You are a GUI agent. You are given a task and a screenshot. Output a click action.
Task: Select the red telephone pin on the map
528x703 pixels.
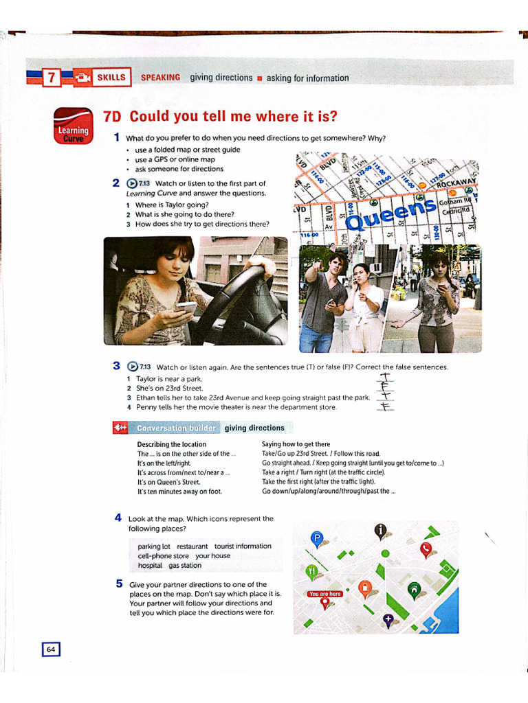pyautogui.click(x=426, y=549)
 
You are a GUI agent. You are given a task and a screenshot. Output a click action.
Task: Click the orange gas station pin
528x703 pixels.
pyautogui.click(x=365, y=587)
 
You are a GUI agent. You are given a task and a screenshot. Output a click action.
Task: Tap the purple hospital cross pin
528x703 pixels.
pyautogui.click(x=388, y=621)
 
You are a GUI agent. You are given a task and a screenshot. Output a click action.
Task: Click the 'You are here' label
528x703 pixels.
pyautogui.click(x=325, y=594)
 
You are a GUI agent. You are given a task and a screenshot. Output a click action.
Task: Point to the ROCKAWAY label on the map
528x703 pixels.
pyautogui.click(x=453, y=183)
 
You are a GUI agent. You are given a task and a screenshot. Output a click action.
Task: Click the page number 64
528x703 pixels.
pyautogui.click(x=51, y=649)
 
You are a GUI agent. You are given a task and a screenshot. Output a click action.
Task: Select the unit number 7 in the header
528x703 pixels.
pyautogui.click(x=51, y=78)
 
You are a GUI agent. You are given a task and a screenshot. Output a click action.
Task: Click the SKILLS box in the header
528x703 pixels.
pyautogui.click(x=111, y=78)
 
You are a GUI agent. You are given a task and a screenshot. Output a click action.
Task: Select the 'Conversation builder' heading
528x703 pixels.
pyautogui.click(x=177, y=428)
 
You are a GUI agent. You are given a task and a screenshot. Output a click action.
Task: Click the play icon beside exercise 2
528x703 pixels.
pyautogui.click(x=133, y=183)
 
